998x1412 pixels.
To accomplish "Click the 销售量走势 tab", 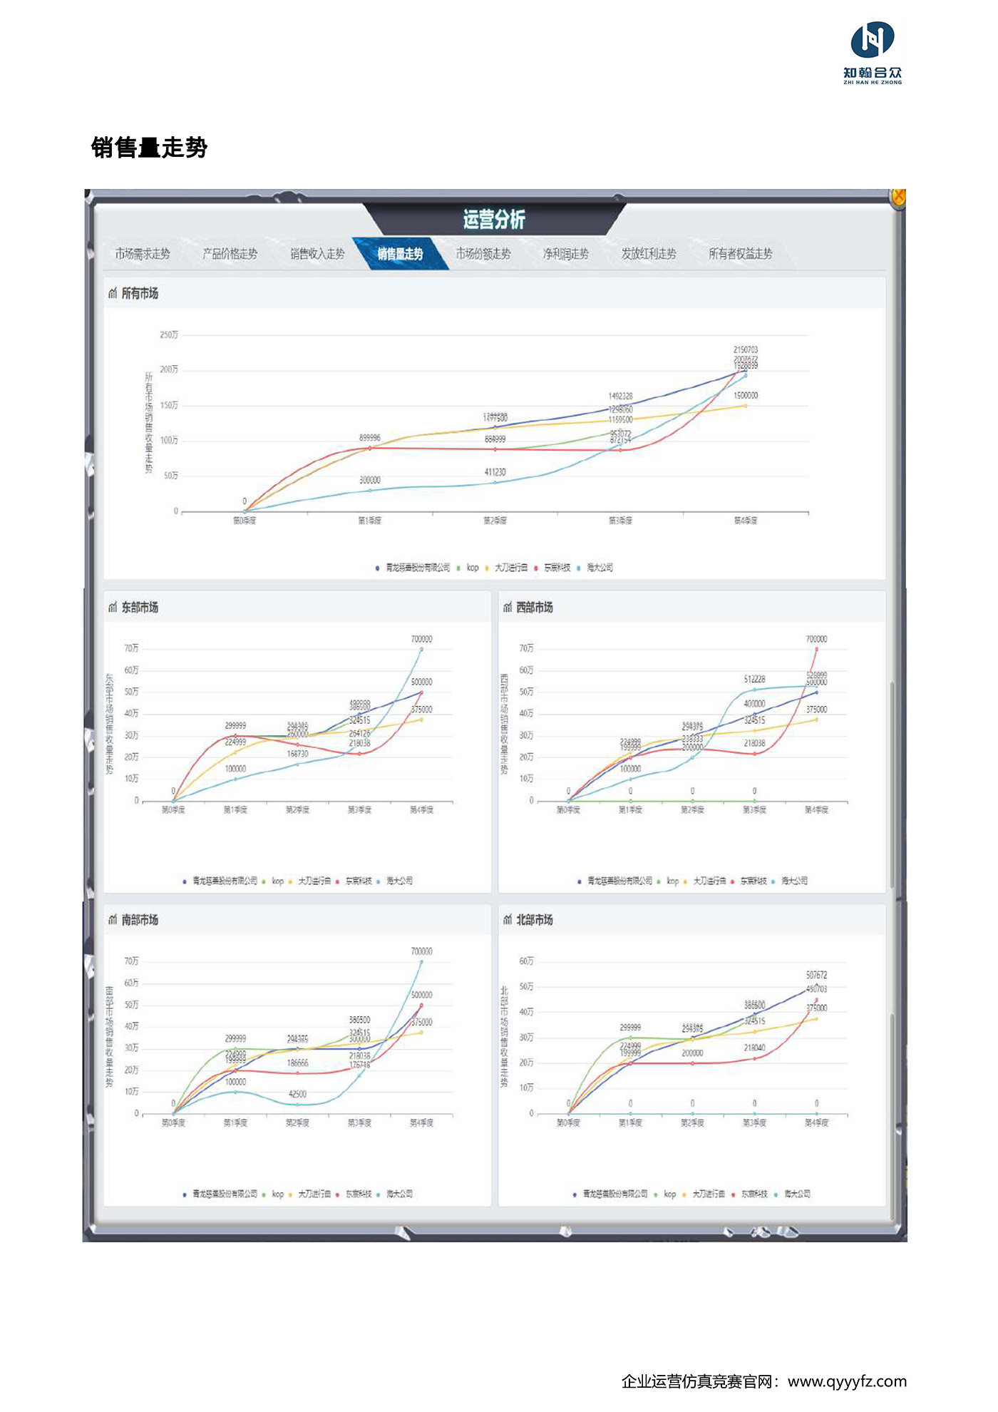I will click(x=400, y=254).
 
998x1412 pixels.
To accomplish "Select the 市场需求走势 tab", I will click(x=143, y=254).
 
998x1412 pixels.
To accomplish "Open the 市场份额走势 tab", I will click(x=483, y=254).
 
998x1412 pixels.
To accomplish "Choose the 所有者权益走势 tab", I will click(x=740, y=254).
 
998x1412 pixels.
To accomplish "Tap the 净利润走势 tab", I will click(x=566, y=254).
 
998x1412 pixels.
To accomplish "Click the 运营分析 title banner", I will click(x=494, y=219).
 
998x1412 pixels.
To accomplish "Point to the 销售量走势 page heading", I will click(x=149, y=148).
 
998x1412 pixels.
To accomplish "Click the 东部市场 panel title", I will click(x=140, y=608).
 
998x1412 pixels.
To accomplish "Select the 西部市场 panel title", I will click(x=535, y=608).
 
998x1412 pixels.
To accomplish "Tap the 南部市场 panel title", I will click(x=140, y=920).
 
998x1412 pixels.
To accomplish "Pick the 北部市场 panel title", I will click(x=535, y=920).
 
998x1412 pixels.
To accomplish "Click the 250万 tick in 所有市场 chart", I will click(x=169, y=334).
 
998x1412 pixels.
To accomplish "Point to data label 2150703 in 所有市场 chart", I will click(x=746, y=349).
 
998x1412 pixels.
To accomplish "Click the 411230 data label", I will click(x=495, y=472).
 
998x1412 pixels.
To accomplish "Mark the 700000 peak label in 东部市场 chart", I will click(x=421, y=639).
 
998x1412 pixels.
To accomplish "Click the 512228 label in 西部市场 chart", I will click(x=754, y=679).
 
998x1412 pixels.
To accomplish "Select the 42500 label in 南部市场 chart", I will click(x=297, y=1094).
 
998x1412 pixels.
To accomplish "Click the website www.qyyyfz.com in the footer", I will click(x=847, y=1381).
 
